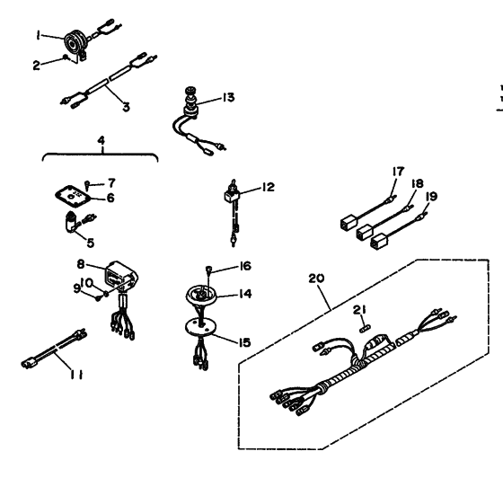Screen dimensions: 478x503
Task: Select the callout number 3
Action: click(x=126, y=106)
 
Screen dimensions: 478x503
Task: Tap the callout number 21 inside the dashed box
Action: click(x=363, y=308)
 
